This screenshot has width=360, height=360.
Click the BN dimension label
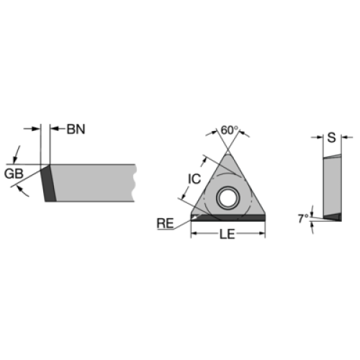[76, 130]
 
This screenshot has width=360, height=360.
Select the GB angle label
[14, 174]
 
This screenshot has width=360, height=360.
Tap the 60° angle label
[230, 130]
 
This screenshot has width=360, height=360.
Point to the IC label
[194, 179]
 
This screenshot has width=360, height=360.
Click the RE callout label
[165, 223]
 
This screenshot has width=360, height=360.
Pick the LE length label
[227, 234]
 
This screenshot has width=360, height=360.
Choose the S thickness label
[331, 138]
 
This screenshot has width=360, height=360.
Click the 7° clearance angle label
[303, 218]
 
